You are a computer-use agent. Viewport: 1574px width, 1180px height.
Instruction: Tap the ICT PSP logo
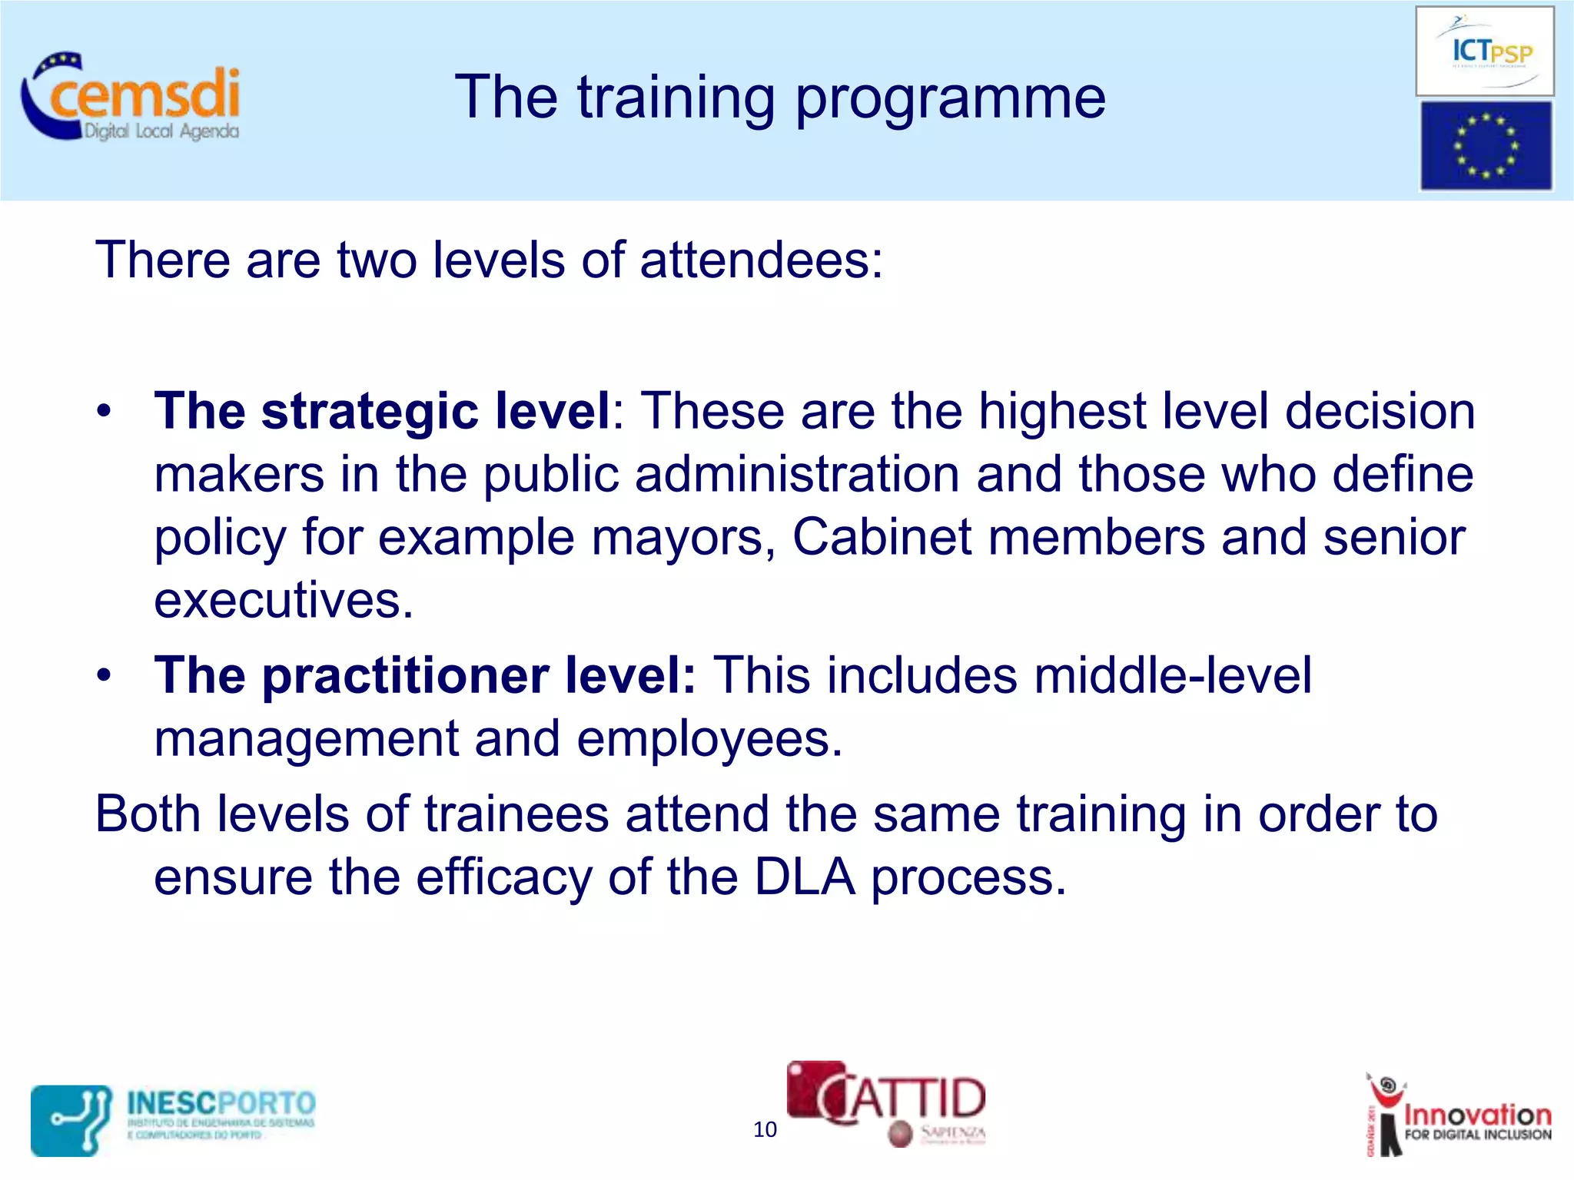(x=1484, y=51)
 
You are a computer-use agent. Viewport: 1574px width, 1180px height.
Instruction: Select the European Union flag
(x=1485, y=146)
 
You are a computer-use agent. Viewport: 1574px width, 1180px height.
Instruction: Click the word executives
(x=282, y=601)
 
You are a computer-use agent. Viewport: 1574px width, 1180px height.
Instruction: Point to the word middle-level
(x=1173, y=676)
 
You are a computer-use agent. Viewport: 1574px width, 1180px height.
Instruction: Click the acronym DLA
(x=804, y=877)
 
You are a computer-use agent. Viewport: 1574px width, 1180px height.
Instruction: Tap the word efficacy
(x=503, y=879)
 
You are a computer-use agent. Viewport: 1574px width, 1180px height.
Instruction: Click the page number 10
(x=765, y=1129)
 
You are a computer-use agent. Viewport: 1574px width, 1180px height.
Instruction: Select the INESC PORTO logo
(x=174, y=1119)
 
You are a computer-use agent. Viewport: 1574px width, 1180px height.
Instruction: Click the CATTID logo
(x=886, y=1102)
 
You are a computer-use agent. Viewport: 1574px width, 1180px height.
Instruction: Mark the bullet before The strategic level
(x=105, y=411)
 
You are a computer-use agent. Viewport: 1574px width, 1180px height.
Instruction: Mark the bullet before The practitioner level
(x=105, y=675)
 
